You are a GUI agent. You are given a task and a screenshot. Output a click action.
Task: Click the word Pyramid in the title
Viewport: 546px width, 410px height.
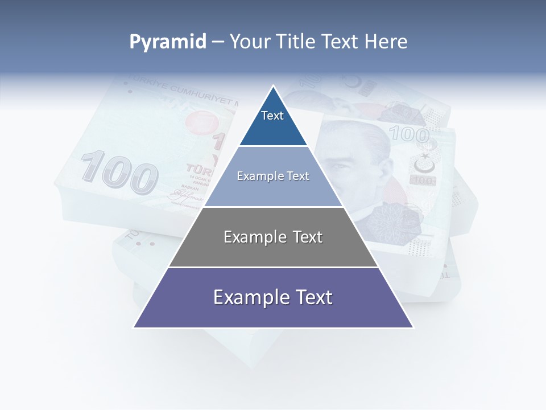point(168,42)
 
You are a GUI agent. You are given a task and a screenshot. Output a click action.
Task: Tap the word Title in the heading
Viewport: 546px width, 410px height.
point(298,42)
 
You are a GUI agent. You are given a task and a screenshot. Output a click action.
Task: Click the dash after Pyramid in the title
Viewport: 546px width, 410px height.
point(218,42)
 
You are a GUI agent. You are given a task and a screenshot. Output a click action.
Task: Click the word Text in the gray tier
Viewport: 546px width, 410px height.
point(305,237)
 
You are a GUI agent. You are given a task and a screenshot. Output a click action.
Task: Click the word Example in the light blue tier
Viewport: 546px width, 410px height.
point(257,176)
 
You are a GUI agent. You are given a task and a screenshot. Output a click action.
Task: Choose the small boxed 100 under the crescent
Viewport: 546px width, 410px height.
point(424,181)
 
